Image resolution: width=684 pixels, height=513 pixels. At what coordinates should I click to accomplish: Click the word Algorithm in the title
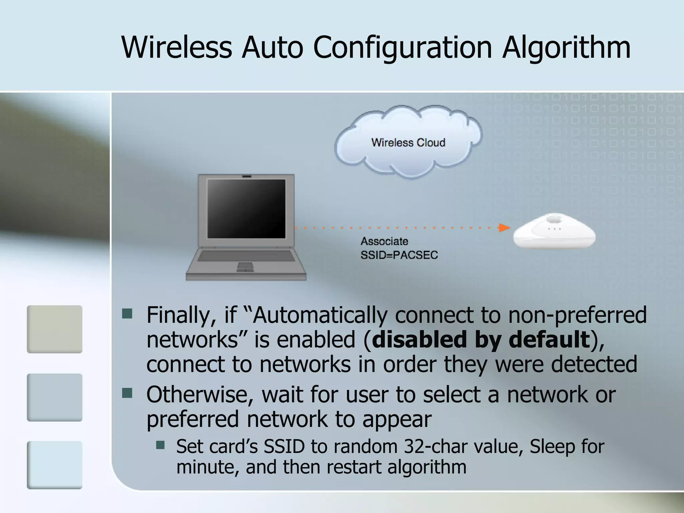pyautogui.click(x=566, y=48)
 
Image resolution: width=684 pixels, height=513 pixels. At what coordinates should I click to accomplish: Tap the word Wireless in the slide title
pyautogui.click(x=177, y=47)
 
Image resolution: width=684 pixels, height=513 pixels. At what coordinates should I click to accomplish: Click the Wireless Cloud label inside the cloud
pyautogui.click(x=408, y=143)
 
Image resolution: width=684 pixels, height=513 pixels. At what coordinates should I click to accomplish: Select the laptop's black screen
pyautogui.click(x=246, y=208)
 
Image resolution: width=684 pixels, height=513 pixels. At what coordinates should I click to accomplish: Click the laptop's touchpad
pyautogui.click(x=245, y=267)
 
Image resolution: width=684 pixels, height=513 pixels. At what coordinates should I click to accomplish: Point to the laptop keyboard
pyautogui.click(x=246, y=256)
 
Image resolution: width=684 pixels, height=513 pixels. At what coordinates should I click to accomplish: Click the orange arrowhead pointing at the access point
pyautogui.click(x=504, y=228)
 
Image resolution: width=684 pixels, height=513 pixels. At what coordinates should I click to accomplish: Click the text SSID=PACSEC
pyautogui.click(x=399, y=255)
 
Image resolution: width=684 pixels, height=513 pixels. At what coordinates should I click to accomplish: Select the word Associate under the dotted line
pyautogui.click(x=384, y=241)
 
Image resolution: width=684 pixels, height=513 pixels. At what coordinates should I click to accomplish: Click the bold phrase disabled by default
pyautogui.click(x=481, y=339)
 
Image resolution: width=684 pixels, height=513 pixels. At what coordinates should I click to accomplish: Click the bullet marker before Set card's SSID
pyautogui.click(x=160, y=445)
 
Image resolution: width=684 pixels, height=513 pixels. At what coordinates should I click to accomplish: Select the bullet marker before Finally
pyautogui.click(x=127, y=314)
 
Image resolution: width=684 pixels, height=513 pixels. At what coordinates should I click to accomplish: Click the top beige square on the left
pyautogui.click(x=54, y=329)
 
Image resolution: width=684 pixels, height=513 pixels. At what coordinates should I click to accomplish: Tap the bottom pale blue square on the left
pyautogui.click(x=54, y=465)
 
